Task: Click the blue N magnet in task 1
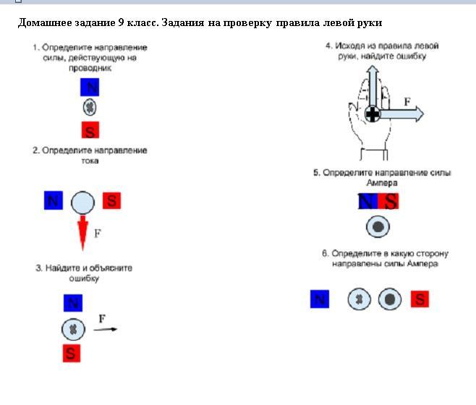pyautogui.click(x=90, y=88)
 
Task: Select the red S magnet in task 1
pyautogui.click(x=90, y=130)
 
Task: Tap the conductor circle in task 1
pyautogui.click(x=90, y=108)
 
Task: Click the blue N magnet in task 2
pyautogui.click(x=53, y=200)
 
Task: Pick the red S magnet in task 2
pyautogui.click(x=111, y=200)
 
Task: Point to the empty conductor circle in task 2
pyautogui.click(x=83, y=202)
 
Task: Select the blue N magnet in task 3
pyautogui.click(x=72, y=303)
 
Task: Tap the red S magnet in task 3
pyautogui.click(x=71, y=353)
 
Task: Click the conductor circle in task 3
pyautogui.click(x=72, y=329)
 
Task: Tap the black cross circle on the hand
pyautogui.click(x=373, y=114)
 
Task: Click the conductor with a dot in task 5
pyautogui.click(x=378, y=227)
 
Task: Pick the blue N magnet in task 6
pyautogui.click(x=319, y=299)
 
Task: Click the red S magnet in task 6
pyautogui.click(x=419, y=299)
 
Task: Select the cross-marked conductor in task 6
pyautogui.click(x=360, y=299)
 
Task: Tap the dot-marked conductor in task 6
pyautogui.click(x=390, y=299)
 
